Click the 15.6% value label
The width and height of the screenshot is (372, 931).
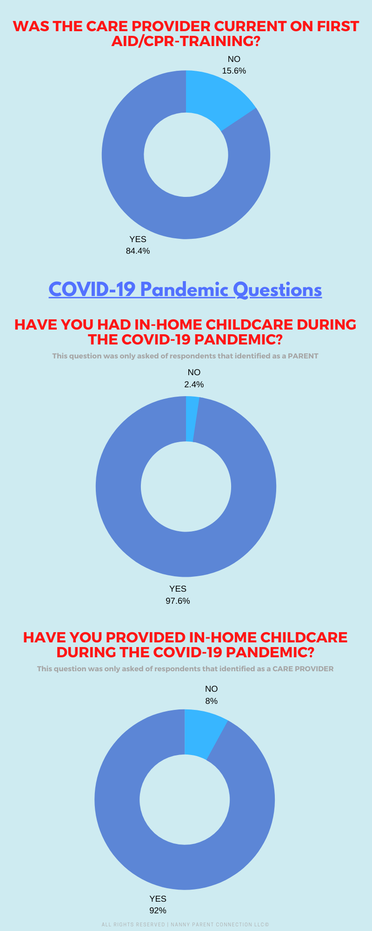234,71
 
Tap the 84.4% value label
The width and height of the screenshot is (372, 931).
138,251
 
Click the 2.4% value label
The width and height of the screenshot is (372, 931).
194,385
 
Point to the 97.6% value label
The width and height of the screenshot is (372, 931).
178,601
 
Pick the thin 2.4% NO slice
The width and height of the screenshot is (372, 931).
191,419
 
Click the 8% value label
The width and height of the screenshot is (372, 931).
212,701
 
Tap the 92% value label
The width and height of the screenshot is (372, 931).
158,911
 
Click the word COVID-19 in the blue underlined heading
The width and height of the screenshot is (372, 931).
92,290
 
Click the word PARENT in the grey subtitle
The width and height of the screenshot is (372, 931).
303,356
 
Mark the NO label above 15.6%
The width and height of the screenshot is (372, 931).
234,59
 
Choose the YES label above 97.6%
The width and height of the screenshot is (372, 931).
178,589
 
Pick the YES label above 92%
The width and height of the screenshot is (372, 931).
158,899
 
